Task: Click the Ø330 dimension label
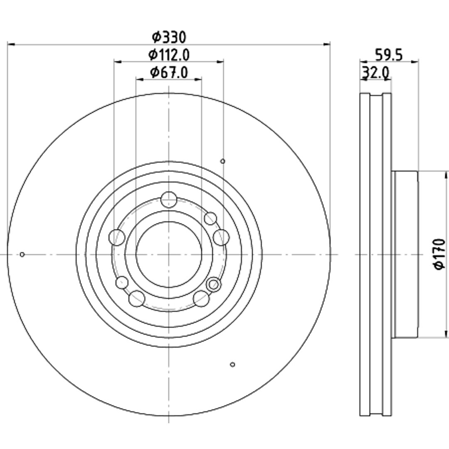pos(169,37)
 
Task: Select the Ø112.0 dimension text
pos(169,54)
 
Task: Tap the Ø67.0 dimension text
pos(169,72)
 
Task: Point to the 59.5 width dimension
pos(389,55)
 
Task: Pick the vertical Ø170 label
pos(439,254)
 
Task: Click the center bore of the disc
pos(169,254)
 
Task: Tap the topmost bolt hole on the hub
pos(169,200)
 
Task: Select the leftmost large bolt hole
pos(117,237)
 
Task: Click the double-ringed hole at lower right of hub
pos(213,284)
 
